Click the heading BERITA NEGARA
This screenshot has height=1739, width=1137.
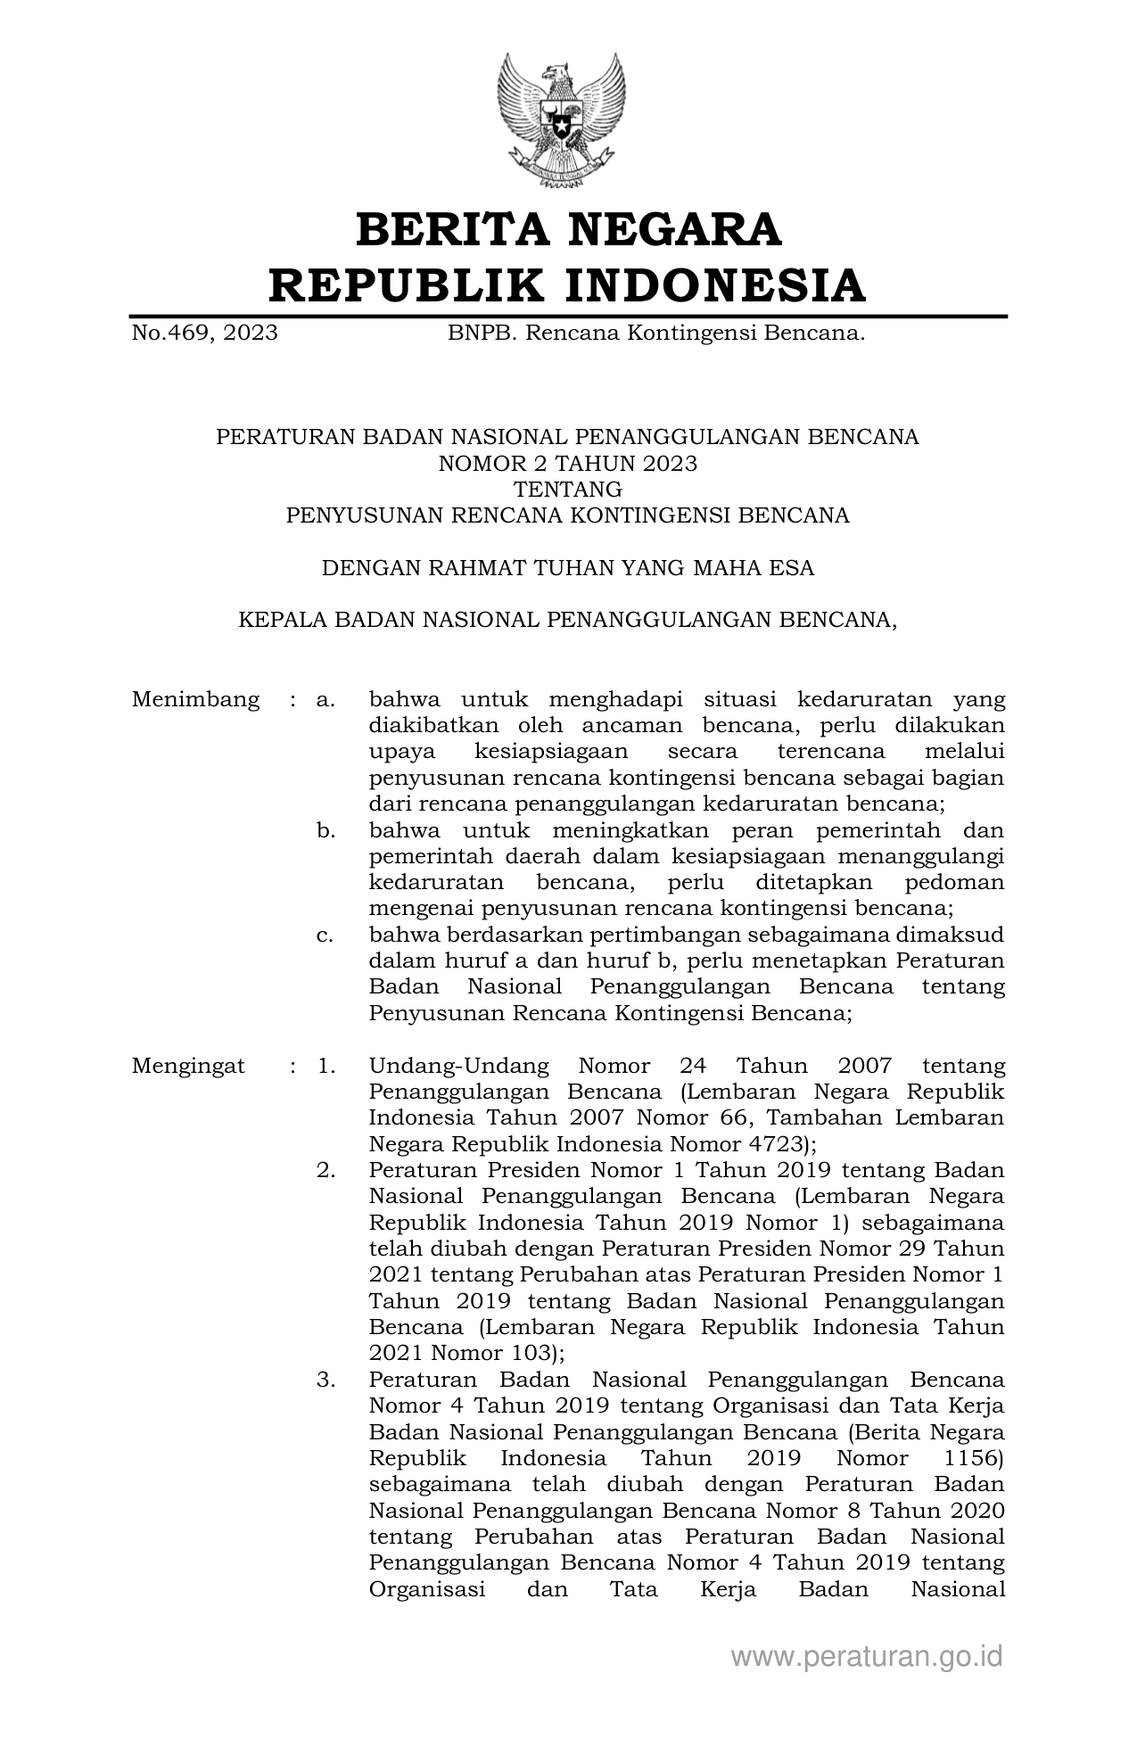[568, 229]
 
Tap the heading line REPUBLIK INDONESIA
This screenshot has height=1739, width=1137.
[568, 285]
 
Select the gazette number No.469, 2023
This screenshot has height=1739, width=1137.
[204, 334]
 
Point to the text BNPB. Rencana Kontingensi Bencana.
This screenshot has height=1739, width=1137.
[656, 334]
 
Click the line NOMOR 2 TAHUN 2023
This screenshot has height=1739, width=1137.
[568, 463]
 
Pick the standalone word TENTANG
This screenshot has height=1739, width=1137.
[568, 489]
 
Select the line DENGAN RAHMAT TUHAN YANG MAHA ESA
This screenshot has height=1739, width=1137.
[568, 568]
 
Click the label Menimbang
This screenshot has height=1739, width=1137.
[195, 699]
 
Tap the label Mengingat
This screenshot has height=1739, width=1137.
[188, 1066]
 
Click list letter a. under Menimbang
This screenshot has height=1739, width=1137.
[325, 699]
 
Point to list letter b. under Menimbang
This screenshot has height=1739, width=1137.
[325, 831]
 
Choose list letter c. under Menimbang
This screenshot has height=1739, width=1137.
[325, 935]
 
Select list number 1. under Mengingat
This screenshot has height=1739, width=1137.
[325, 1066]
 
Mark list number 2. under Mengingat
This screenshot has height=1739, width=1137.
[325, 1170]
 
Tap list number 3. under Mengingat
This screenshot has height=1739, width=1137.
[325, 1380]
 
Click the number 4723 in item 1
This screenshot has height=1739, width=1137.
[772, 1144]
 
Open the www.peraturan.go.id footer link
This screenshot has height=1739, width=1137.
[867, 1656]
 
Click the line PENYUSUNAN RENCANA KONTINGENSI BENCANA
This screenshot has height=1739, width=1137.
[568, 515]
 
